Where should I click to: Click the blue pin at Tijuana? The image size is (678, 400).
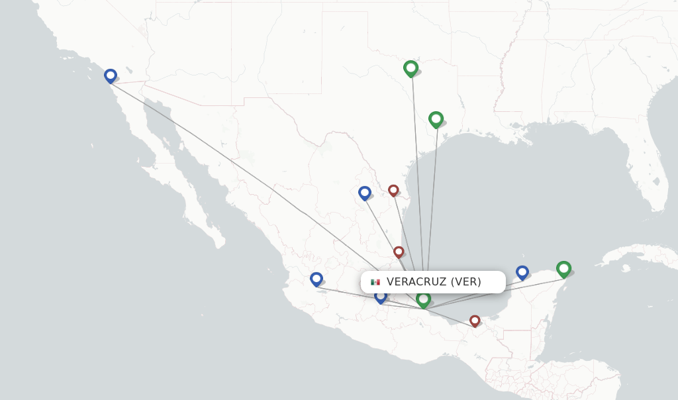click(x=111, y=75)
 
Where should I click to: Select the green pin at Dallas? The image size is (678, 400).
click(x=411, y=68)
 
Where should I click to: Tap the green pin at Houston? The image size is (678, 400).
click(x=436, y=119)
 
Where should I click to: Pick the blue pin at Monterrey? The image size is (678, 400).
click(x=365, y=193)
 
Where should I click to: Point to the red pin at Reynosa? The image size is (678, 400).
click(x=393, y=190)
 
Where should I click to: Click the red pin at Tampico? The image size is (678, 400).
click(x=399, y=252)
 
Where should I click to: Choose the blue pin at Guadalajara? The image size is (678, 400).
click(x=316, y=279)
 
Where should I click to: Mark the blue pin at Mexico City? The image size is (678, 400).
click(x=380, y=296)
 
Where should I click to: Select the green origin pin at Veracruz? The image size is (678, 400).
click(x=424, y=300)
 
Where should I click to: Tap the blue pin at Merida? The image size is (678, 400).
click(x=522, y=272)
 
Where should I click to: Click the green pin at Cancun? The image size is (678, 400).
click(x=563, y=268)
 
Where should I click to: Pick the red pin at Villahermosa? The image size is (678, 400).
click(x=475, y=321)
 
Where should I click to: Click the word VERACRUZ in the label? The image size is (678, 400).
click(x=416, y=282)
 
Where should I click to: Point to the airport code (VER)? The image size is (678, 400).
click(x=466, y=282)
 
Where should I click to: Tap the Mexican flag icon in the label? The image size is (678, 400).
click(x=375, y=282)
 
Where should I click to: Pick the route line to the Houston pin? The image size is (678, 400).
click(x=432, y=199)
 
